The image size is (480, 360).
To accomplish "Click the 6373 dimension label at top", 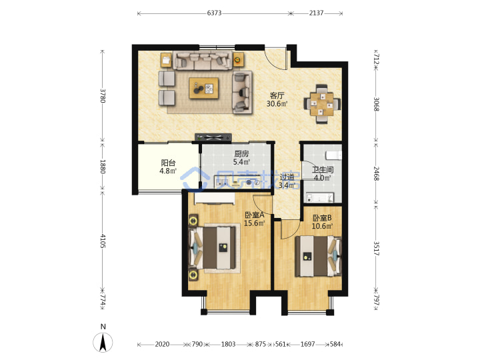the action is pos(214,13).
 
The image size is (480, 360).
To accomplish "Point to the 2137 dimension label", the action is pos(316,13).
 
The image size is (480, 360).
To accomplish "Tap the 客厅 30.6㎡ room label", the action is pos(277,100).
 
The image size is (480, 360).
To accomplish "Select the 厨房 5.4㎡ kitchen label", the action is pos(241,158).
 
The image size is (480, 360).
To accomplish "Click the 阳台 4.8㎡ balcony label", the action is pos(168,167).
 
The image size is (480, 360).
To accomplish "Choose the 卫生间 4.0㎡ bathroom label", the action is pos(323,173).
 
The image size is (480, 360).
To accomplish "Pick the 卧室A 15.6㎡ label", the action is pos(255,219).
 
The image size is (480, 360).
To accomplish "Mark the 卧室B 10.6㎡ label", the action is pos(322,222).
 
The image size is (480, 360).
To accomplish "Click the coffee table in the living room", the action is pos(204,88).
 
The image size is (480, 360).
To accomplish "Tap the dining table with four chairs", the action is pos(322,104).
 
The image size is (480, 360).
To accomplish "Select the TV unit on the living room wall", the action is pos(213,138).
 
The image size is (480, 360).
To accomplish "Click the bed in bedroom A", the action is pos(213,247).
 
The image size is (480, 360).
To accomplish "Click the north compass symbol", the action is pos(103,341).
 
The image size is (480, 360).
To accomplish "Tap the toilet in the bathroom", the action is pos(334,155).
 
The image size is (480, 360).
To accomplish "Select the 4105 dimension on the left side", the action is pos(103,241).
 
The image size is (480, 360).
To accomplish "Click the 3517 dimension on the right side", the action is pos(376,248).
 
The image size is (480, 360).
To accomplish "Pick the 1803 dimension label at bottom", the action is pos(228,344).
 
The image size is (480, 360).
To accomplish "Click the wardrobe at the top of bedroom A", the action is pos(214,199).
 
